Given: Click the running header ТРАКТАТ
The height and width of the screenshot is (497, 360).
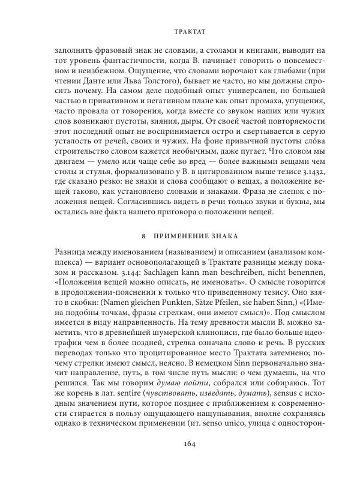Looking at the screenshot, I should pos(180,28).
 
